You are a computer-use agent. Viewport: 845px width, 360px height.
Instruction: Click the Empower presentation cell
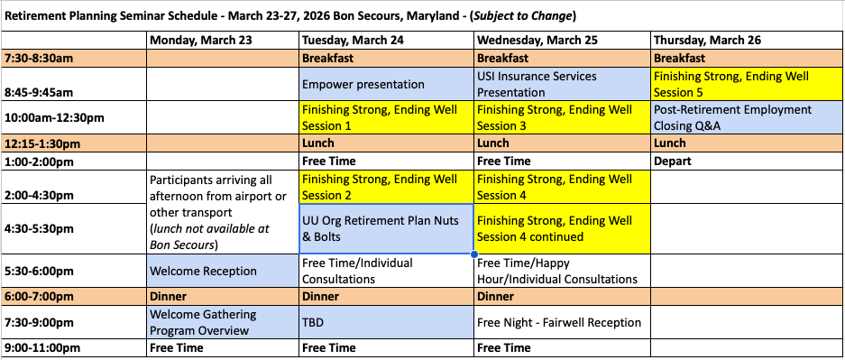click(386, 84)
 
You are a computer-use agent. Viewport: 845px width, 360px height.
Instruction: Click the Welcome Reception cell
click(223, 271)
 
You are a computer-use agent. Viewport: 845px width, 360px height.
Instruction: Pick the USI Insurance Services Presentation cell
click(562, 84)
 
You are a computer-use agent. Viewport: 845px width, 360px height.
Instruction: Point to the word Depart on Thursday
click(673, 162)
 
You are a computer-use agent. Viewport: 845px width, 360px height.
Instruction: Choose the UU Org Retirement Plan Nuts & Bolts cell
click(386, 228)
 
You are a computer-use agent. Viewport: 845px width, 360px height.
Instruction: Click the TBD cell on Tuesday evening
click(386, 322)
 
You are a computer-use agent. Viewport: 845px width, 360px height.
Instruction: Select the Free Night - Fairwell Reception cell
click(562, 322)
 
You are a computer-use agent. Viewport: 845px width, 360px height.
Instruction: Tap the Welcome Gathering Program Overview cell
click(223, 322)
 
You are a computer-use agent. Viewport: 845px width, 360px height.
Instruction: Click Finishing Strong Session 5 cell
click(748, 84)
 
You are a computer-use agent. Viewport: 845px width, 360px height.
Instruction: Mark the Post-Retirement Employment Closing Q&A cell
click(748, 117)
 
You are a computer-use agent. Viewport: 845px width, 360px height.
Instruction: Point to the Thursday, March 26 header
click(708, 41)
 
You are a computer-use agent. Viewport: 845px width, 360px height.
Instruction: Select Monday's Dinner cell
click(223, 297)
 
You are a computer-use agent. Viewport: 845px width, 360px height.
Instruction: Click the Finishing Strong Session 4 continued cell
click(562, 228)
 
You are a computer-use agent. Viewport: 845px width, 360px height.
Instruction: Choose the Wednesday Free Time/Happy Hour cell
click(562, 271)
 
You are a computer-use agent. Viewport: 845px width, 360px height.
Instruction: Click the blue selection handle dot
click(473, 254)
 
